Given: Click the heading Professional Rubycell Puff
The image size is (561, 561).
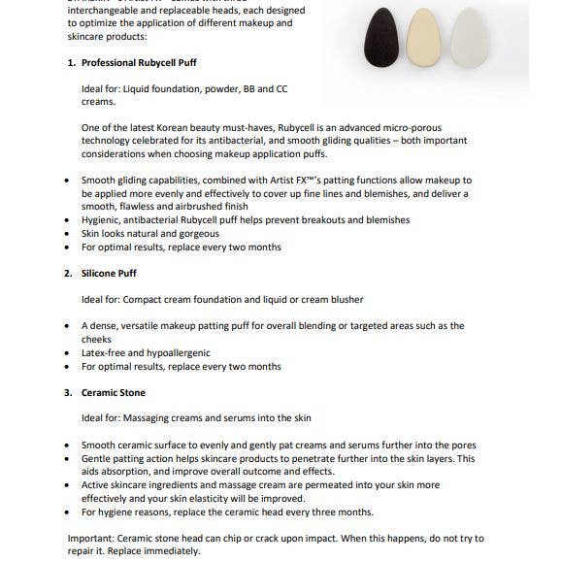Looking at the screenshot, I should click(147, 62).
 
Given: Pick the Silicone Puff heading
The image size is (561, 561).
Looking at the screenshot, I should click(115, 274).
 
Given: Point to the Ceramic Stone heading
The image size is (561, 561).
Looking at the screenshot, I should click(115, 393).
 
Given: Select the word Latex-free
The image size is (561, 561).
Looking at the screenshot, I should click(104, 353).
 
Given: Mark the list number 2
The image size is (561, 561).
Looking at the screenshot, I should click(68, 274).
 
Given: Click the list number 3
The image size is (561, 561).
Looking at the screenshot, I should click(68, 393).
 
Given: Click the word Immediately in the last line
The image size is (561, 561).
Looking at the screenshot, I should click(175, 550).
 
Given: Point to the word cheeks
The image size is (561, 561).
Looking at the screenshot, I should click(97, 340).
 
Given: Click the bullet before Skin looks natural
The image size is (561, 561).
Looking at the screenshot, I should click(66, 234).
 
